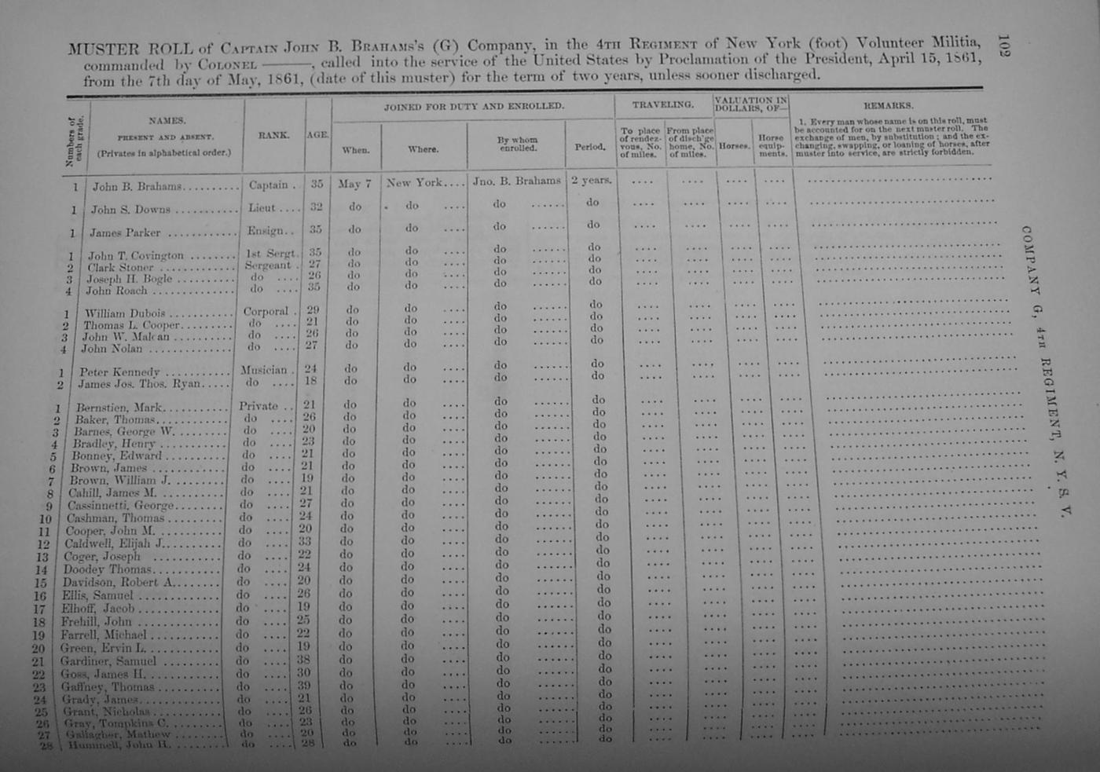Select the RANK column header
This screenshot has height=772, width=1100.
click(273, 135)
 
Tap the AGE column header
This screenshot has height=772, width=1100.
click(317, 135)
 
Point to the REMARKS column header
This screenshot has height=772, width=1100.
click(888, 105)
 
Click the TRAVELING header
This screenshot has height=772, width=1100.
click(663, 104)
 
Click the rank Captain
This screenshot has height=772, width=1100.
click(269, 185)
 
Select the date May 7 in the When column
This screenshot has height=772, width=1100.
click(354, 184)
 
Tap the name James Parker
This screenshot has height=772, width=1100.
click(124, 232)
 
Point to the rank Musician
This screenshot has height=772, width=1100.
click(263, 370)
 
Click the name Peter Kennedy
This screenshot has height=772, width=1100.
click(119, 372)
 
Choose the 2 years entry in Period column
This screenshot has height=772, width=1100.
click(591, 180)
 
